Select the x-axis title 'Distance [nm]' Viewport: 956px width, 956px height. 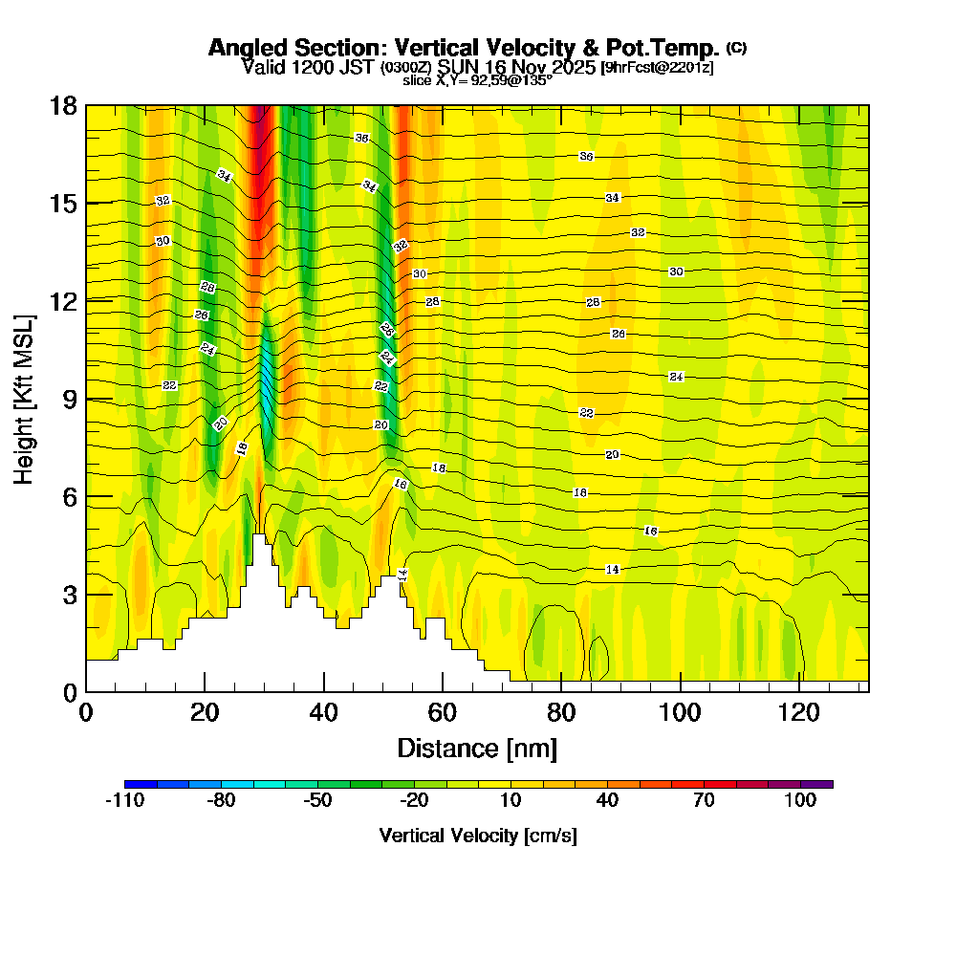click(x=477, y=748)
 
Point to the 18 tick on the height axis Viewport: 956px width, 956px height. click(x=64, y=105)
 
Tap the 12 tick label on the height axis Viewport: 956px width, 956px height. click(x=64, y=300)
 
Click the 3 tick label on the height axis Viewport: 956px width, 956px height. click(x=71, y=594)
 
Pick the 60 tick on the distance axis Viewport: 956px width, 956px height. click(x=442, y=712)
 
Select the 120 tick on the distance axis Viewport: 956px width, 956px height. click(x=798, y=712)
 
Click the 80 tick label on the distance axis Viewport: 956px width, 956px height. click(x=560, y=712)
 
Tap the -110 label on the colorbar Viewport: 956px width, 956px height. click(x=124, y=801)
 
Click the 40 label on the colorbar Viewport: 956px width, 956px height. click(x=607, y=801)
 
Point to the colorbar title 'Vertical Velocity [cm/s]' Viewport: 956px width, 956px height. click(x=477, y=836)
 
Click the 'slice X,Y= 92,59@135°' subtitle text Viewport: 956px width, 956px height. click(x=477, y=80)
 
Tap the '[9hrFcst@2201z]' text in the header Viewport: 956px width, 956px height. click(x=657, y=68)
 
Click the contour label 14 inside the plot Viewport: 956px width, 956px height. click(x=613, y=570)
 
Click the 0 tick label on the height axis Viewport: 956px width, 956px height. click(x=71, y=691)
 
